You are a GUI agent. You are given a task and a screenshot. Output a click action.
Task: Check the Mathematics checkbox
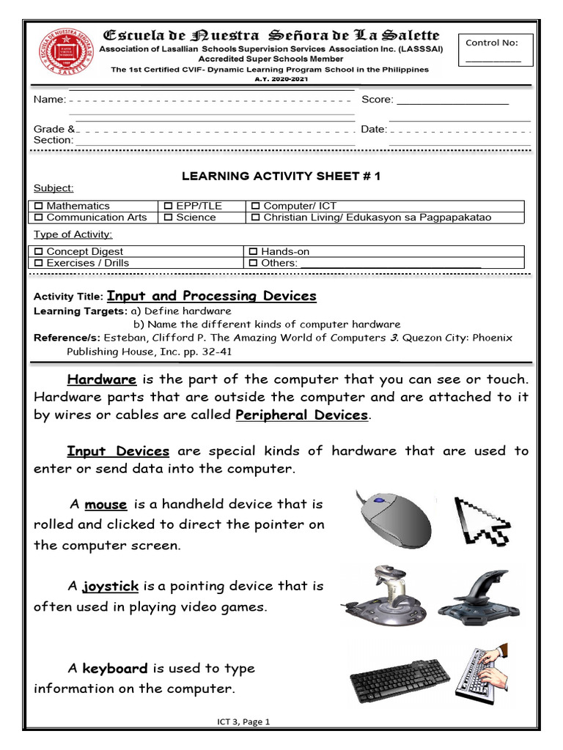pyautogui.click(x=40, y=207)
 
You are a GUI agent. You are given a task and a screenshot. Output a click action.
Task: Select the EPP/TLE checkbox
pyautogui.click(x=169, y=207)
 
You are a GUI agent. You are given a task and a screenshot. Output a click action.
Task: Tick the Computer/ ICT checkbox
pyautogui.click(x=255, y=207)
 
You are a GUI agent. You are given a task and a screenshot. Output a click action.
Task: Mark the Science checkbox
pyautogui.click(x=169, y=218)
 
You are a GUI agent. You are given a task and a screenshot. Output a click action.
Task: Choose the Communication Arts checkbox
pyautogui.click(x=40, y=218)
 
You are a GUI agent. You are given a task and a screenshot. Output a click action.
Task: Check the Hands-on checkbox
pyautogui.click(x=254, y=251)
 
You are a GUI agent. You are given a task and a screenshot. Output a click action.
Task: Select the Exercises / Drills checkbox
pyautogui.click(x=40, y=263)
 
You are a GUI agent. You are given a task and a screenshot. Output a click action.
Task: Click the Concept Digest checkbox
pyautogui.click(x=40, y=251)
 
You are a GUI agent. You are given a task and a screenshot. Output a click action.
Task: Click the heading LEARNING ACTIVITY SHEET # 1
pyautogui.click(x=281, y=177)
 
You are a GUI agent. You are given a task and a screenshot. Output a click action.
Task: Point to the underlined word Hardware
pyautogui.click(x=102, y=379)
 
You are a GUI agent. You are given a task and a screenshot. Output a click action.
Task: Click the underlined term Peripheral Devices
pyautogui.click(x=301, y=415)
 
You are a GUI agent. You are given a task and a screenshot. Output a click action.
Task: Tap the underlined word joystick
pyautogui.click(x=111, y=586)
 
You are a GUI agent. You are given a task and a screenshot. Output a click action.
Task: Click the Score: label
pyautogui.click(x=378, y=100)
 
